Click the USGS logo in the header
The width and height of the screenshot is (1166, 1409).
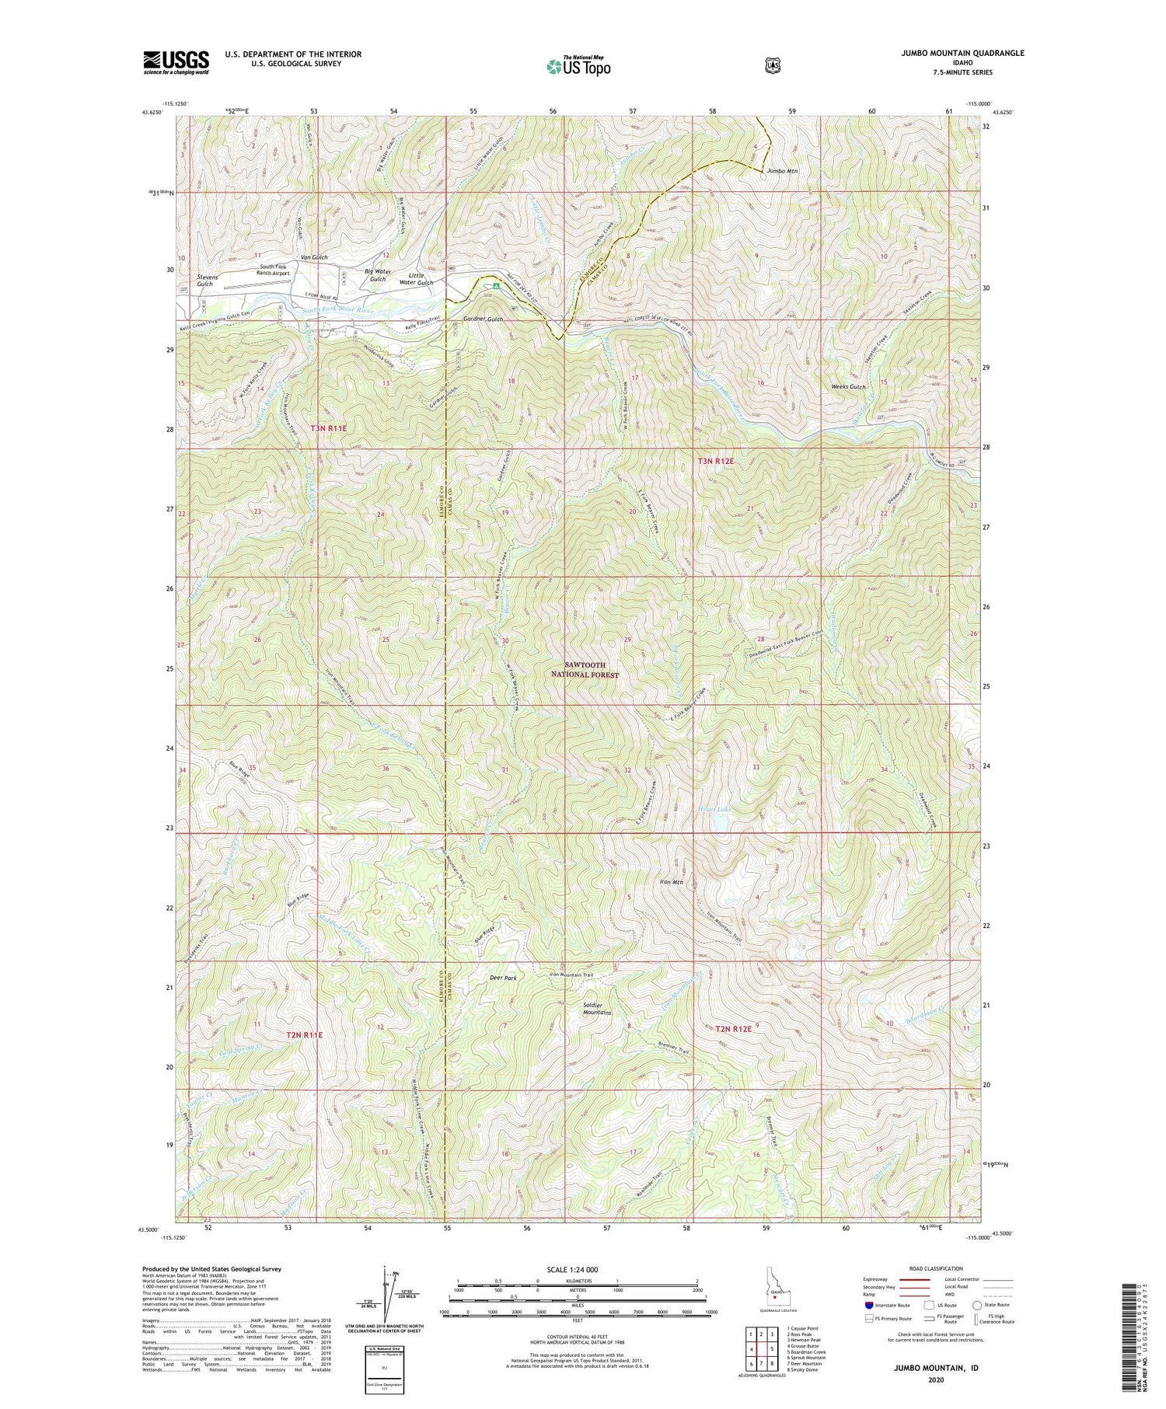[x=176, y=62]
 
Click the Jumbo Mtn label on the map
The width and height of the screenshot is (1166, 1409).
[x=781, y=170]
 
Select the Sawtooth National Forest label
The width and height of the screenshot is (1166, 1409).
[x=585, y=671]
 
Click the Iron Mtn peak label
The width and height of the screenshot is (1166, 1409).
[x=671, y=882]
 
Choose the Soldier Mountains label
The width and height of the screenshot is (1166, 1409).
[x=597, y=1009]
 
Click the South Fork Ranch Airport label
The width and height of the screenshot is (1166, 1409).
[x=285, y=270]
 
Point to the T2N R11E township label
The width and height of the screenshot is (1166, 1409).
[x=304, y=1035]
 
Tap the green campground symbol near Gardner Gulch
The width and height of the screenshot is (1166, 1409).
[x=496, y=295]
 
